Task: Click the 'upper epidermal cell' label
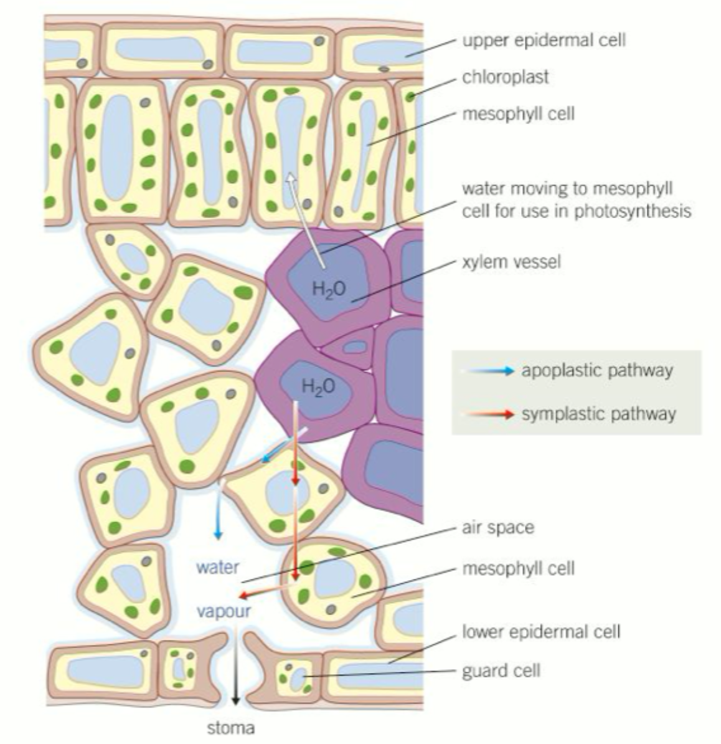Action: click(x=544, y=41)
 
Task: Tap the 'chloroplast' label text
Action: click(x=506, y=77)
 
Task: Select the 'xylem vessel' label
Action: click(x=511, y=262)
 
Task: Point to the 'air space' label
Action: click(x=498, y=528)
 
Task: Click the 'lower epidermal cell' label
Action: click(x=541, y=632)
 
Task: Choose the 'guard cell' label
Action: click(x=501, y=670)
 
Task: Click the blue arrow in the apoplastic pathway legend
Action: click(x=489, y=371)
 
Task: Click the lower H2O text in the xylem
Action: click(x=318, y=387)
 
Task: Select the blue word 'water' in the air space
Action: click(x=217, y=568)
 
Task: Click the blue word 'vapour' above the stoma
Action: click(x=224, y=611)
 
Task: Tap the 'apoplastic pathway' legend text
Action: click(x=597, y=371)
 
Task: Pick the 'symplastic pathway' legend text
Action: click(x=598, y=414)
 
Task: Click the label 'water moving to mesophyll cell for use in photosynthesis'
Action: click(x=576, y=200)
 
